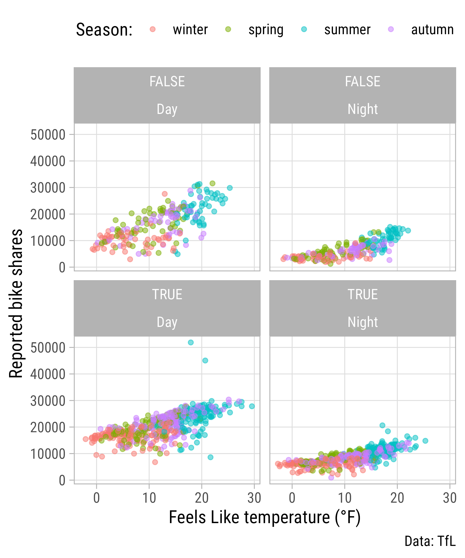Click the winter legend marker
(x=153, y=29)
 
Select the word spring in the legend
(x=266, y=30)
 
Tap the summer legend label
(x=347, y=30)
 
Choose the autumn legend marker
(x=391, y=29)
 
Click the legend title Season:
(x=104, y=30)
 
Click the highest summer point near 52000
(x=191, y=342)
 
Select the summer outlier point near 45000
(x=205, y=361)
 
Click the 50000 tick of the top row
(x=48, y=134)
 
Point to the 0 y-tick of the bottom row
(x=62, y=480)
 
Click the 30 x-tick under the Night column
(x=450, y=498)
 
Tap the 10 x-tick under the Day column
(x=149, y=498)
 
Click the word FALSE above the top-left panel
(x=167, y=81)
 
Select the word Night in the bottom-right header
(x=363, y=322)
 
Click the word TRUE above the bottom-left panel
(x=167, y=294)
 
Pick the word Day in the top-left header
(x=167, y=109)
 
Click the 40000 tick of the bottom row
(x=48, y=374)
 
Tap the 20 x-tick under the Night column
(x=397, y=498)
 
